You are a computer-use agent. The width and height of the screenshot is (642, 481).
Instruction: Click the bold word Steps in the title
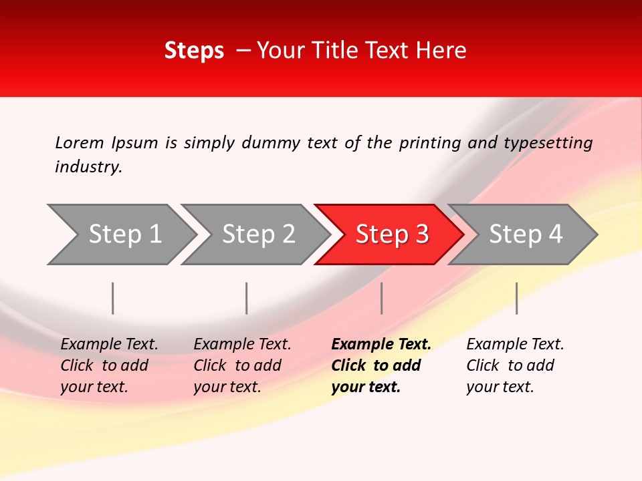pos(194,51)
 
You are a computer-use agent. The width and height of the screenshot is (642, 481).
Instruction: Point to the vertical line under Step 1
pos(113,298)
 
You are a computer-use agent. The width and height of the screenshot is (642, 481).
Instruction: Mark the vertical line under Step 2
pos(247,298)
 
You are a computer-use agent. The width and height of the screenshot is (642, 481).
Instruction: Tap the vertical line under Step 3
pos(381,298)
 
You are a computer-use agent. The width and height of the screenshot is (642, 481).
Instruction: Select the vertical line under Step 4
pos(516,298)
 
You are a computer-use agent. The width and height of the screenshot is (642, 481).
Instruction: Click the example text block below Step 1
pos(109,365)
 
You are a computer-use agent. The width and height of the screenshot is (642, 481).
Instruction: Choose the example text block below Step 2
pos(242,365)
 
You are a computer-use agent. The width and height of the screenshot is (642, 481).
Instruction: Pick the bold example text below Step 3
pos(381,365)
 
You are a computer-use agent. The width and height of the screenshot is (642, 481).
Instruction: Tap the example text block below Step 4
pos(515,365)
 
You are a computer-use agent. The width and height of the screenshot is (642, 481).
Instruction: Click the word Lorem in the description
pos(79,143)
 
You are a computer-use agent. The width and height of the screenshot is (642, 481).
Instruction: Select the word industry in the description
pos(88,167)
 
